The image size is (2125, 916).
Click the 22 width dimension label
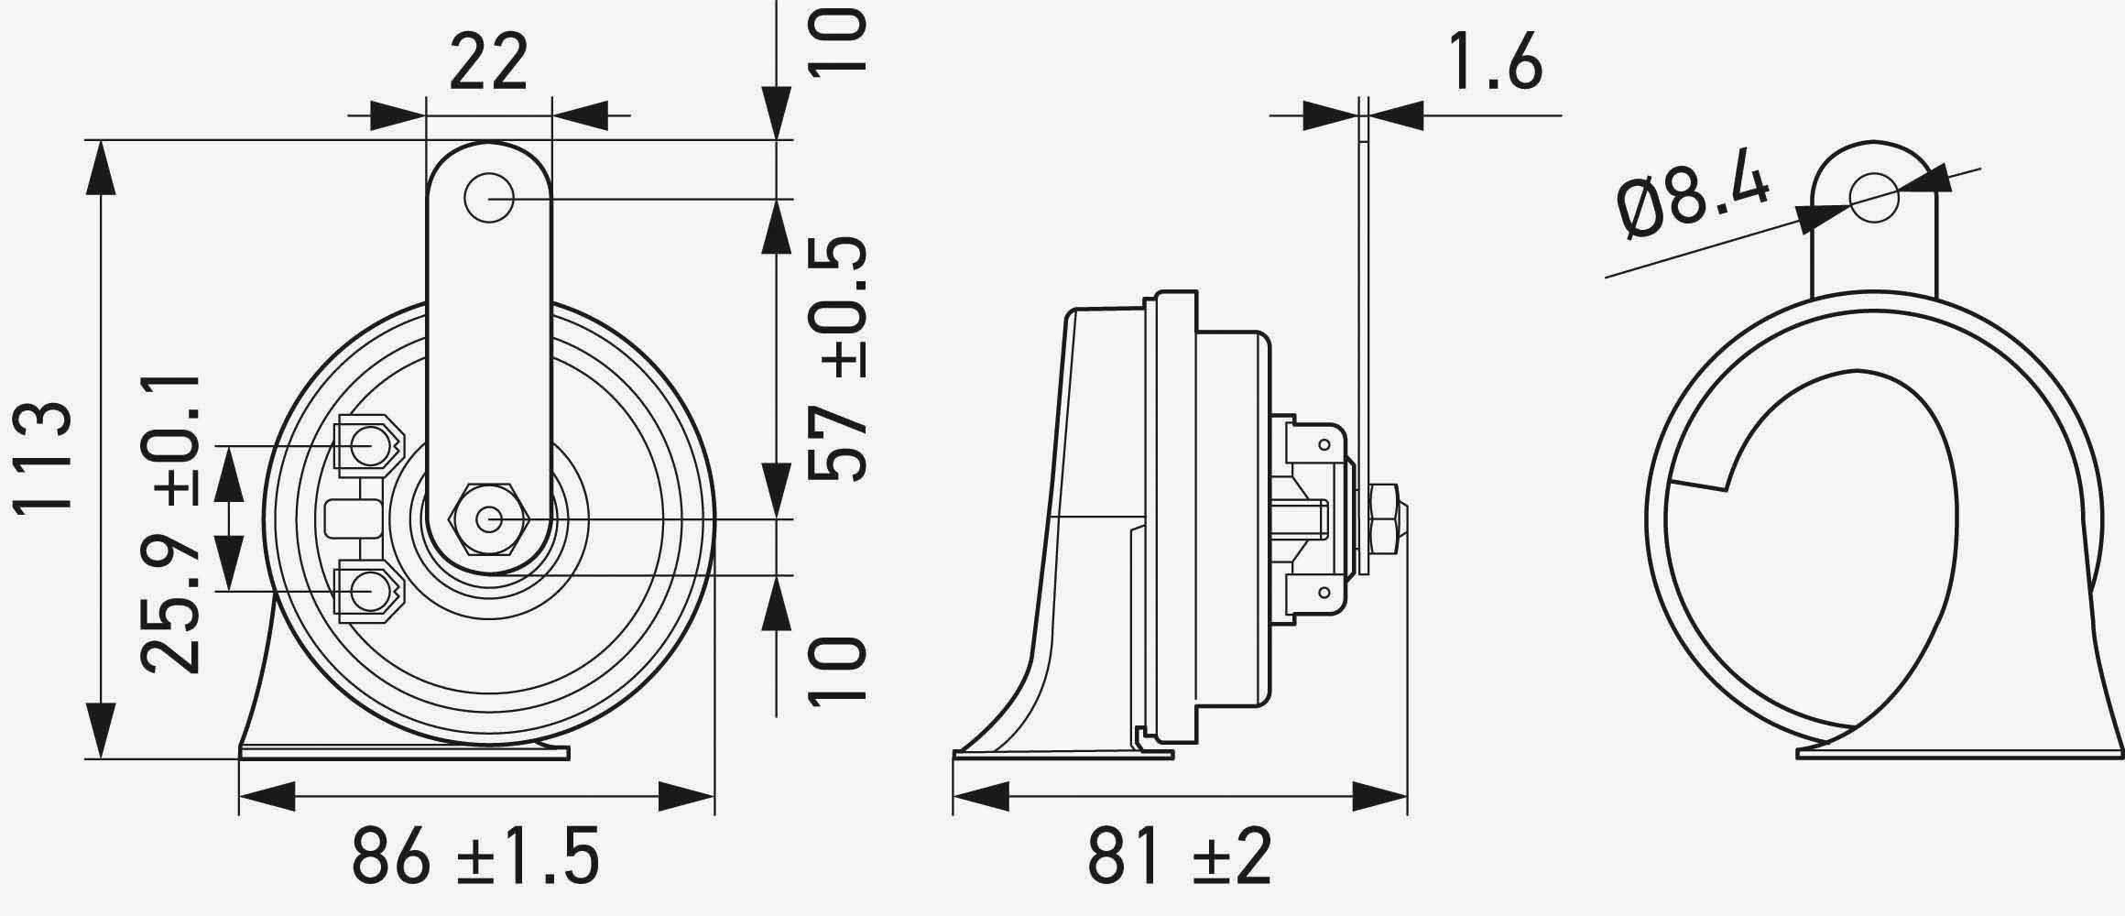pyautogui.click(x=488, y=63)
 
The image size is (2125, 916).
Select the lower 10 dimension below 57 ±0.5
pyautogui.click(x=836, y=671)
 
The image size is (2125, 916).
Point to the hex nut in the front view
pyautogui.click(x=487, y=519)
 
